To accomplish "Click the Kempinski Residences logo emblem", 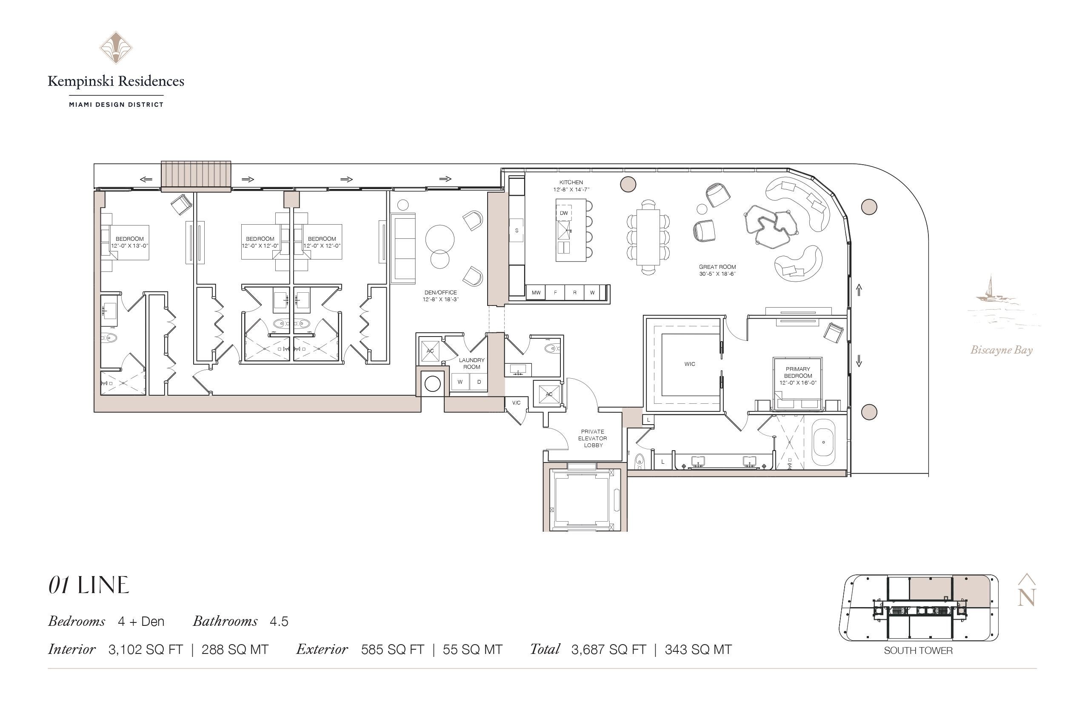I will click(x=116, y=47).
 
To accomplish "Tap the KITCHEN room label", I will click(x=571, y=183).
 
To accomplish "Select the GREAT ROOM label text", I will click(x=717, y=267).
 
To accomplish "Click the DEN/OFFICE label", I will click(x=440, y=293).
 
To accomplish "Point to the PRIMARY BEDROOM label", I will click(x=798, y=372).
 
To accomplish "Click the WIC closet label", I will click(x=689, y=364).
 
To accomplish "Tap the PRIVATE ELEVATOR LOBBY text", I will click(x=593, y=438).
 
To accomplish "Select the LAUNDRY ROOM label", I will click(x=471, y=363).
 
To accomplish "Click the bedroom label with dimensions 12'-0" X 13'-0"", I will click(x=129, y=242).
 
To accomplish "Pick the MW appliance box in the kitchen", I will click(x=536, y=293).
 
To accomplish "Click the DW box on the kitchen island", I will click(x=564, y=213).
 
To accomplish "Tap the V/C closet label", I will click(x=516, y=403).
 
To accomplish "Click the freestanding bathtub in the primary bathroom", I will click(x=823, y=442).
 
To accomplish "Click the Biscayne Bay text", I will click(x=1001, y=350).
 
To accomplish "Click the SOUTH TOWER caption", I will click(x=918, y=651).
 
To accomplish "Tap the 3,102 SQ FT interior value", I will click(x=146, y=650).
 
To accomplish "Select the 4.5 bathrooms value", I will click(x=279, y=621).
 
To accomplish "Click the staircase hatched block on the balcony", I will click(x=196, y=174).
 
